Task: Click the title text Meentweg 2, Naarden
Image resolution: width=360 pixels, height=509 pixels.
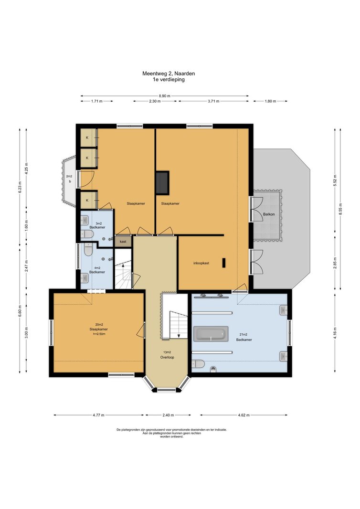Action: [x=169, y=74]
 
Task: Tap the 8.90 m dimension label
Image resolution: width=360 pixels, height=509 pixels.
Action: [x=165, y=96]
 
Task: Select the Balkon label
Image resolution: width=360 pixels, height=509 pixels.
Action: [x=269, y=214]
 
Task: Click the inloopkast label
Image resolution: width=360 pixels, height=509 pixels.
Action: [x=201, y=263]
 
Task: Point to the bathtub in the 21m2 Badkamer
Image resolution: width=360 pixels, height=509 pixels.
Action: [x=211, y=334]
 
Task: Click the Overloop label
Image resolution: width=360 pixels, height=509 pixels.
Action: [x=167, y=357]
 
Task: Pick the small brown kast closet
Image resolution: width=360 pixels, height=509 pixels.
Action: [x=123, y=242]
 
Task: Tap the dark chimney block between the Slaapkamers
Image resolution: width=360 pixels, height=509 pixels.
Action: [x=162, y=183]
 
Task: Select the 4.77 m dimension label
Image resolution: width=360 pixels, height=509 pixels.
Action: [x=98, y=415]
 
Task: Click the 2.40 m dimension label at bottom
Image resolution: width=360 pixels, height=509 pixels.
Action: [x=168, y=415]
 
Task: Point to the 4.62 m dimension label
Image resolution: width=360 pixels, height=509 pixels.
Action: [x=244, y=415]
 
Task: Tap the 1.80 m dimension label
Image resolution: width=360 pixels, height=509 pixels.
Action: [x=270, y=101]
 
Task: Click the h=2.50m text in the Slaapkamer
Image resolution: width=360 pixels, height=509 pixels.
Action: [x=99, y=333]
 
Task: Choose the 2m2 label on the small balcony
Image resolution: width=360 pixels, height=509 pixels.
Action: [x=69, y=176]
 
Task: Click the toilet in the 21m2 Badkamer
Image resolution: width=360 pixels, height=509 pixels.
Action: [x=198, y=363]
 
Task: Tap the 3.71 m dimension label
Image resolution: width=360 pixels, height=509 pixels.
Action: [x=213, y=101]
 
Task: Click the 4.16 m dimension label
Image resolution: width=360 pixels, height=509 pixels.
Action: [x=335, y=332]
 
